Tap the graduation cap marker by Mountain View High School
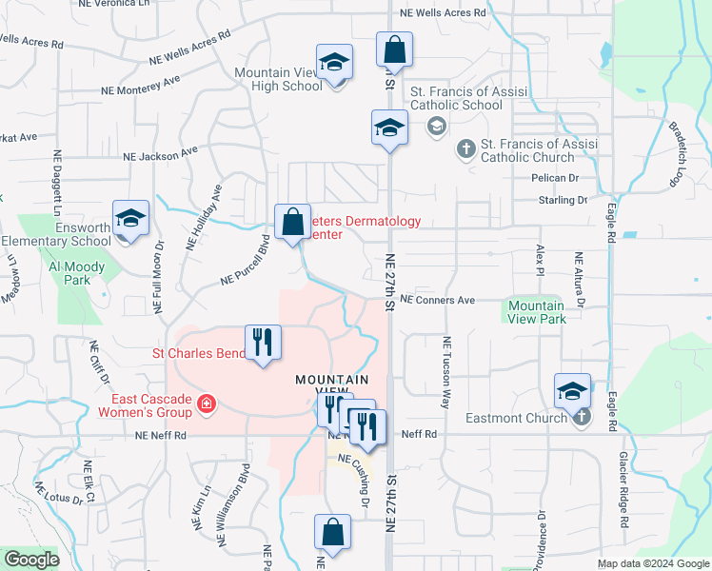(x=332, y=65)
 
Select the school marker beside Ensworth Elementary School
(x=130, y=219)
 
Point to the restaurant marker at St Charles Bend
(x=262, y=343)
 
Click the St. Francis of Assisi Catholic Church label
(x=540, y=150)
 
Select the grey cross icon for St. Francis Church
(x=465, y=148)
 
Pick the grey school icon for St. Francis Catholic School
(x=437, y=126)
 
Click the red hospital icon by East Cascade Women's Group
(x=204, y=407)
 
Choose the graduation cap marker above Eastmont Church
(x=572, y=391)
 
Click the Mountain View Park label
(x=537, y=312)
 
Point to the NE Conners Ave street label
(x=437, y=300)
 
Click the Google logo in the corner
(x=32, y=560)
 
